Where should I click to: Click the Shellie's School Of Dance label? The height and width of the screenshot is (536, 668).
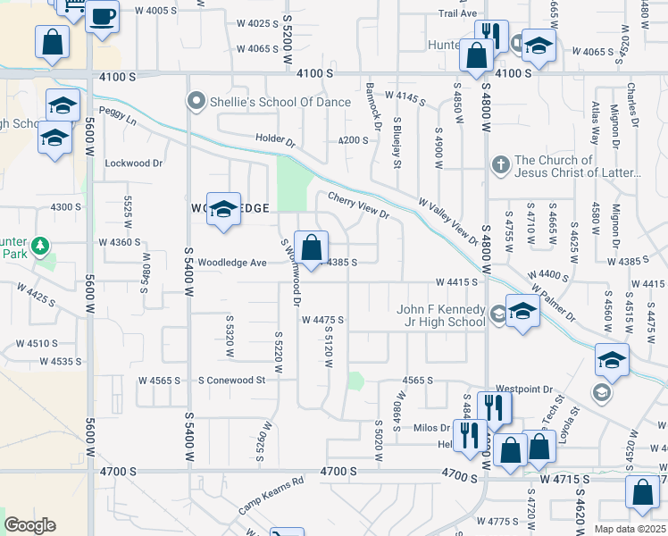coord(280,102)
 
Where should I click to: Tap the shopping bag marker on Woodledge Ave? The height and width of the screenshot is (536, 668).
coord(311,247)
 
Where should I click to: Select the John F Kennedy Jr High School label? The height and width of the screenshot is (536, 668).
coord(441,315)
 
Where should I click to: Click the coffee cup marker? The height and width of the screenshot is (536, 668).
coord(103,15)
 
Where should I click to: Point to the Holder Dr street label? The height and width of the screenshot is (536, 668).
coord(274,139)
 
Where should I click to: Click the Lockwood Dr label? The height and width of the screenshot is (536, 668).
coord(134,163)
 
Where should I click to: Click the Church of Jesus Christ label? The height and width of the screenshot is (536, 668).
coord(566,166)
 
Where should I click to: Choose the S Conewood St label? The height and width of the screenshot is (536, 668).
coord(232,380)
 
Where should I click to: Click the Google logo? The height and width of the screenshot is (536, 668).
coord(30,525)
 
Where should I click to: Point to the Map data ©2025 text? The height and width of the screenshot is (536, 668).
coord(629,529)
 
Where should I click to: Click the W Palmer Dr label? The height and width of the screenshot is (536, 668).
coord(554,304)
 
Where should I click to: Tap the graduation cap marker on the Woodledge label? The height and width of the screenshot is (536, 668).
coord(223,208)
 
